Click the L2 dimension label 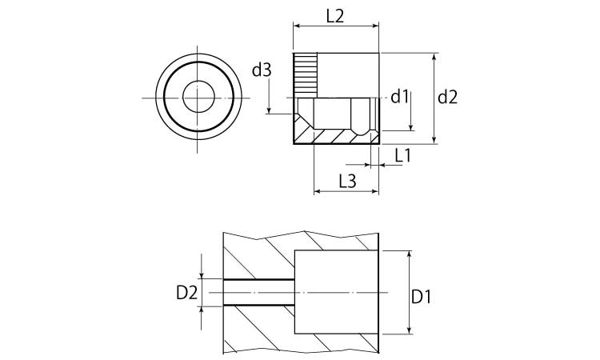coord(335,16)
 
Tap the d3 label coord(262,70)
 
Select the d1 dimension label coord(400,97)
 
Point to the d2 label coord(448,98)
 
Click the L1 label coord(402,156)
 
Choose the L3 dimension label coord(347,181)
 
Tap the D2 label coord(186,293)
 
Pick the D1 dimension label coord(421,297)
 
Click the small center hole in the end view coord(198,98)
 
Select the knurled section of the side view coord(305,74)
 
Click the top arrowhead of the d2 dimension coord(434,57)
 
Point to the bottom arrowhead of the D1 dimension coord(409,330)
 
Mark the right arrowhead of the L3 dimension coord(374,191)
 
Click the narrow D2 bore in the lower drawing coord(258,293)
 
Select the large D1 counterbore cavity coord(336,292)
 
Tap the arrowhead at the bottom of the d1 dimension coord(410,126)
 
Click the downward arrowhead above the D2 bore coord(202,275)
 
